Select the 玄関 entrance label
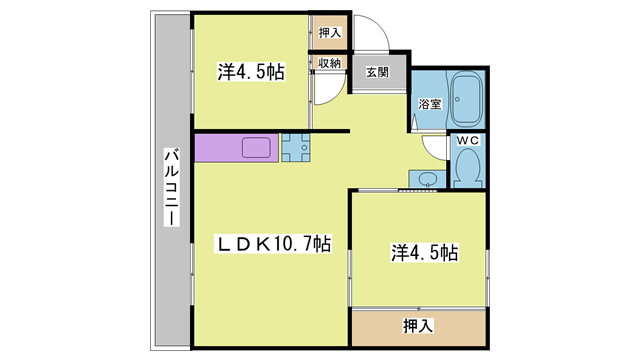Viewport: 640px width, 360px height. (x=377, y=72)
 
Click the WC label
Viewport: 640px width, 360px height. (x=467, y=141)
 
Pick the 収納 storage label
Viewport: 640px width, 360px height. (x=330, y=63)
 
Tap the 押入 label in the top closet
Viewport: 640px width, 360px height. (x=330, y=33)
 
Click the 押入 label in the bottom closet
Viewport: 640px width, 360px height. (x=417, y=325)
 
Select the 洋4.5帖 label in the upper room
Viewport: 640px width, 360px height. (x=251, y=72)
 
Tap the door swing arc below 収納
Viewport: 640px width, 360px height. (x=328, y=92)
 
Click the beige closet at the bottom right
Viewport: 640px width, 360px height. (x=417, y=325)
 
